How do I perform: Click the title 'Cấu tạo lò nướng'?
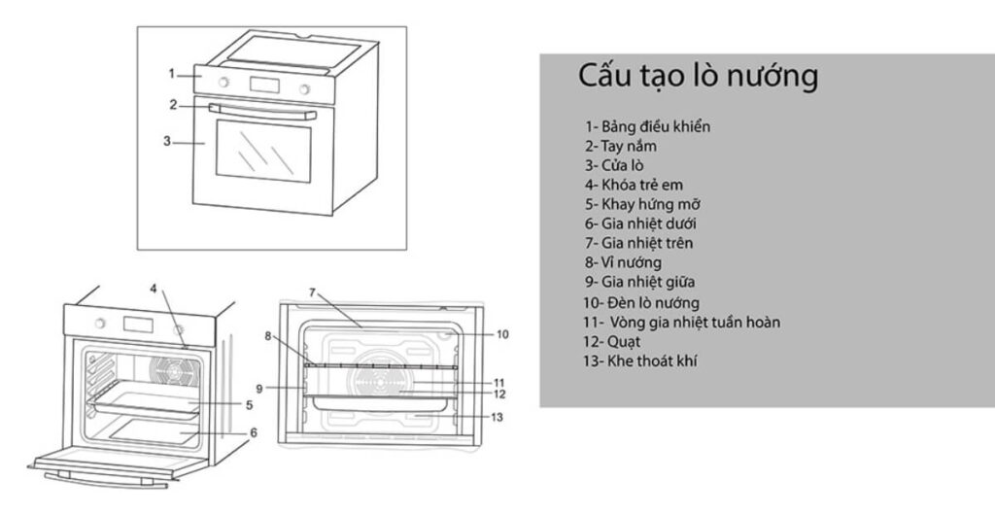[x=698, y=76]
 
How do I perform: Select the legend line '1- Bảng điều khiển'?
[x=654, y=126]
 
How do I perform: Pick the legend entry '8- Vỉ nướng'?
[x=623, y=262]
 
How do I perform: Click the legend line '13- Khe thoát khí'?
[x=640, y=360]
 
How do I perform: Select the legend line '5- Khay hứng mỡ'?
[x=642, y=204]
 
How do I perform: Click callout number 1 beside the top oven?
[x=171, y=73]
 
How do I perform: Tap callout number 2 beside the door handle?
[x=173, y=105]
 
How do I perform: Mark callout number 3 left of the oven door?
[x=167, y=141]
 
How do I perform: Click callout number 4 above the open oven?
[x=153, y=288]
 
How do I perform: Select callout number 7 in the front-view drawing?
[x=313, y=291]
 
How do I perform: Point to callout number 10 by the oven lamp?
[x=502, y=334]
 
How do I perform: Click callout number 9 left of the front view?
[x=259, y=388]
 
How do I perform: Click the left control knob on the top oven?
[x=224, y=82]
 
